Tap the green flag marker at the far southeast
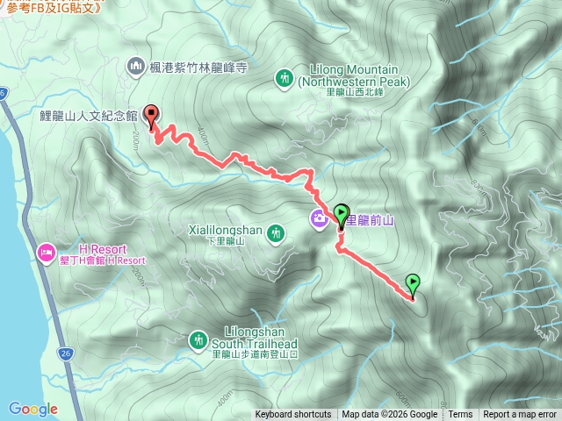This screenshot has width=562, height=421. [x=413, y=283]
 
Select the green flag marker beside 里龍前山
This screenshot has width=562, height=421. [x=342, y=212]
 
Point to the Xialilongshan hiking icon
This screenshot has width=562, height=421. [x=277, y=232]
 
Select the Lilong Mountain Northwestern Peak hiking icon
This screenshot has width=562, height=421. [x=285, y=77]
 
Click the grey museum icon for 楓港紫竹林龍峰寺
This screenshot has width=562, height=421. [x=135, y=65]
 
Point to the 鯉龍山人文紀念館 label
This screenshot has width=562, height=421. [x=89, y=115]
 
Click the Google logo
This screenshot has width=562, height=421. [x=33, y=409]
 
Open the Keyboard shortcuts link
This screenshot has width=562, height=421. [x=293, y=415]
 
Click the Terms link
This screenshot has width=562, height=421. [x=460, y=415]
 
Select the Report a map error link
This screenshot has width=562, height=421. [x=521, y=415]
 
